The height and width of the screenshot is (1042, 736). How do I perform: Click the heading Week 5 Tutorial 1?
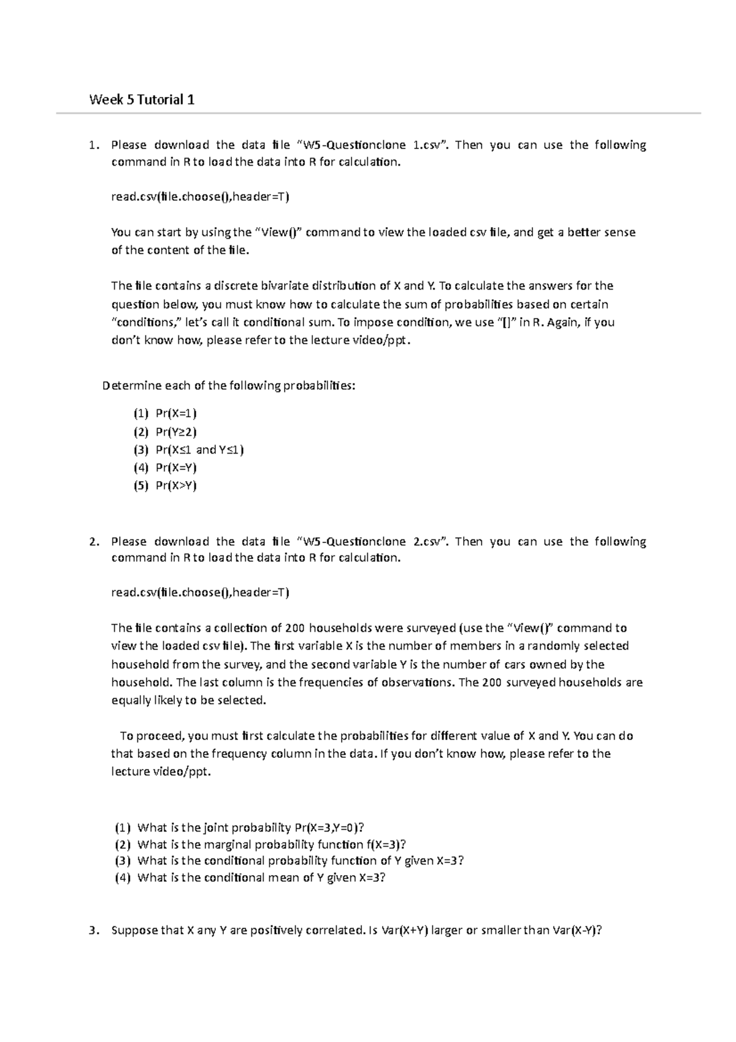(142, 99)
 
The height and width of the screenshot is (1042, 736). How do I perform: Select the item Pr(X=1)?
(176, 413)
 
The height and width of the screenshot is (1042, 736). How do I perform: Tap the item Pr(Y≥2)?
(176, 431)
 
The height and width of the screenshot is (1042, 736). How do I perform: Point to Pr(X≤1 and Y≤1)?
(200, 450)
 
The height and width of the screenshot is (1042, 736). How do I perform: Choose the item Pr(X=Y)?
(176, 468)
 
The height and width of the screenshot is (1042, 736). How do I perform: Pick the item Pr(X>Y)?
(176, 485)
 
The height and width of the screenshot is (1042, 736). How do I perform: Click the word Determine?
(128, 386)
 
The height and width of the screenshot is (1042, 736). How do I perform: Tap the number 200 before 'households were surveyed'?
(295, 628)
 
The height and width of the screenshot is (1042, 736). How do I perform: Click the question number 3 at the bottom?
(92, 930)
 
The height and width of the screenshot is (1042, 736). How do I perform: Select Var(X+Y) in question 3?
(404, 930)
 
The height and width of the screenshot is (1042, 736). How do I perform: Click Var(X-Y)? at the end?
(577, 930)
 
